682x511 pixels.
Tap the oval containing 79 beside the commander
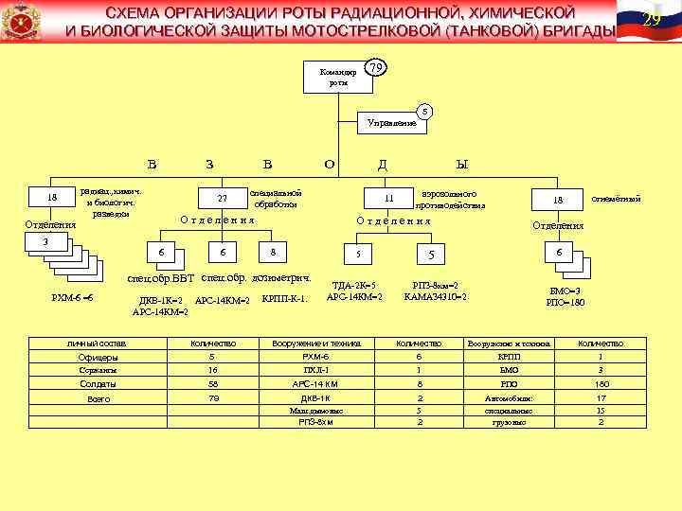point(376,68)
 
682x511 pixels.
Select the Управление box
point(392,122)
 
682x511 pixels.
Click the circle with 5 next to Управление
point(425,112)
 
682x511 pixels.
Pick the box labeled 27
point(223,199)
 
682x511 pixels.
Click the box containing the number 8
point(273,253)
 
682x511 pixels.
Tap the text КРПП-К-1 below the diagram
point(284,300)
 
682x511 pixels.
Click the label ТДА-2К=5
point(353,285)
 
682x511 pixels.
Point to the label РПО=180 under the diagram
point(565,303)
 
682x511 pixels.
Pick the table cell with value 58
point(212,385)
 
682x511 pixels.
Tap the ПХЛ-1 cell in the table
point(314,371)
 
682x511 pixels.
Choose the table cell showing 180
point(600,385)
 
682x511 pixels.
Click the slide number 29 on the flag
point(650,21)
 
